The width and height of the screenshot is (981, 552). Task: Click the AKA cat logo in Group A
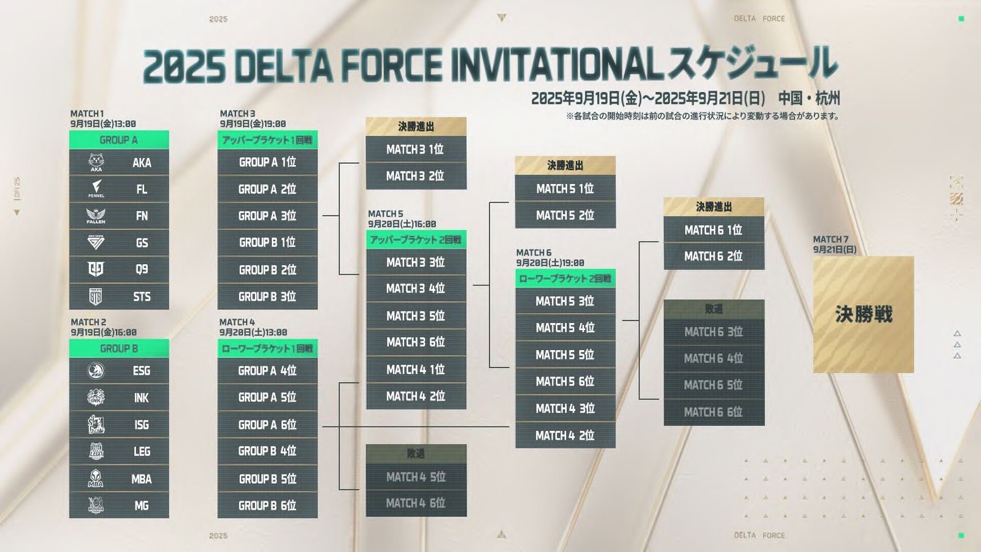click(96, 162)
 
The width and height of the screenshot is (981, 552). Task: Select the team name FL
click(142, 189)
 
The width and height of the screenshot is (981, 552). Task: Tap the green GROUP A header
click(119, 140)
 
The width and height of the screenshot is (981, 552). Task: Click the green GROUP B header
click(119, 349)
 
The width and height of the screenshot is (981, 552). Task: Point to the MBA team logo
click(96, 479)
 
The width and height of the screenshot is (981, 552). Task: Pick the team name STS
click(142, 296)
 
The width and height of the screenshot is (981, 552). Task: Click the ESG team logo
click(96, 371)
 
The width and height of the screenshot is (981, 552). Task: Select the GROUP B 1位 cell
click(267, 242)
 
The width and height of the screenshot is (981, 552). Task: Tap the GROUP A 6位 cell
click(267, 425)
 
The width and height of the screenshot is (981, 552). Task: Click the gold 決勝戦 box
click(863, 314)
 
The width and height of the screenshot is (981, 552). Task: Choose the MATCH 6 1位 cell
click(713, 230)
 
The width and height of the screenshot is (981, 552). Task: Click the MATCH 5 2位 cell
click(565, 215)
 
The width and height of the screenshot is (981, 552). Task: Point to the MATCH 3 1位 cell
click(415, 149)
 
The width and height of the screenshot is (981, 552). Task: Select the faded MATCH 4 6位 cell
click(415, 503)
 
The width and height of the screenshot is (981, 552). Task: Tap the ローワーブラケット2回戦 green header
click(565, 279)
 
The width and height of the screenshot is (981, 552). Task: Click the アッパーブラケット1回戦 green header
click(267, 140)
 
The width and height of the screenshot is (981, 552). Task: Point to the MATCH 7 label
click(831, 239)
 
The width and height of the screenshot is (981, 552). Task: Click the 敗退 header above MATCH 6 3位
click(713, 309)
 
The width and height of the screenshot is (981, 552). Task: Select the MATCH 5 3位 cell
click(565, 302)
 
